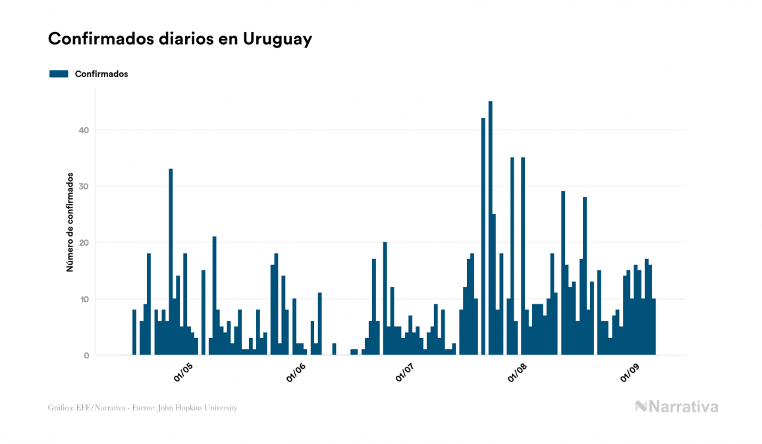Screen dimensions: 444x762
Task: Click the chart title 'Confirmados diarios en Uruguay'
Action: click(180, 39)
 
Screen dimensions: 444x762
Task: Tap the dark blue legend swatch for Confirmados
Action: click(59, 74)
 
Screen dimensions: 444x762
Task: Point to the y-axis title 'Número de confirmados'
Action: click(69, 222)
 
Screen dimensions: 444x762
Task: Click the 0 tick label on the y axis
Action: click(86, 356)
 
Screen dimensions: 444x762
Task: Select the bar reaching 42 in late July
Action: click(483, 237)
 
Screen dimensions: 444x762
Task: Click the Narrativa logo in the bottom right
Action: click(676, 406)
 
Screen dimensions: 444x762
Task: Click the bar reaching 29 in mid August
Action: click(563, 273)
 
